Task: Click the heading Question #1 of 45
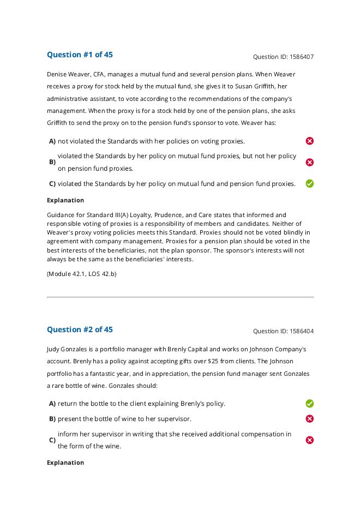pyautogui.click(x=80, y=55)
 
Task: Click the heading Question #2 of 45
pyautogui.click(x=80, y=329)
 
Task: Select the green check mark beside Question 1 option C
pyautogui.click(x=310, y=184)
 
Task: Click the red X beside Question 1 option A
pyautogui.click(x=310, y=141)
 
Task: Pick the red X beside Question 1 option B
pyautogui.click(x=310, y=162)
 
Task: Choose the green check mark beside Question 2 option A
pyautogui.click(x=310, y=404)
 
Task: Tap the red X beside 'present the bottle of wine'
pyautogui.click(x=310, y=419)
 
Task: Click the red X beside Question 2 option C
pyautogui.click(x=310, y=440)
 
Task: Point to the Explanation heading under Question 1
pyautogui.click(x=65, y=200)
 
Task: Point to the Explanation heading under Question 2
pyautogui.click(x=65, y=463)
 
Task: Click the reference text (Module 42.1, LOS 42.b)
pyautogui.click(x=81, y=274)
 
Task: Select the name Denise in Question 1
pyautogui.click(x=57, y=74)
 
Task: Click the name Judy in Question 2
pyautogui.click(x=53, y=349)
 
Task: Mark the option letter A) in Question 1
pyautogui.click(x=52, y=141)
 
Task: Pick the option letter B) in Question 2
pyautogui.click(x=52, y=419)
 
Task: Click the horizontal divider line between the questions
pyautogui.click(x=180, y=297)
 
